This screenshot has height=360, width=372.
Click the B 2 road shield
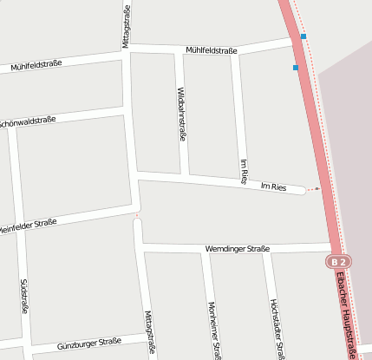pyautogui.click(x=338, y=261)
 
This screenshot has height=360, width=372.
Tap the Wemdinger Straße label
pyautogui.click(x=237, y=249)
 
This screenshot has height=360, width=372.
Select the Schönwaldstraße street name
pyautogui.click(x=28, y=122)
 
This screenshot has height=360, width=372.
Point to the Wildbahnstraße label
pyautogui.click(x=181, y=113)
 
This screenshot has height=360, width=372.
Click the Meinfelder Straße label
pyautogui.click(x=27, y=226)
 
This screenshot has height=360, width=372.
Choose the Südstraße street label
pyautogui.click(x=24, y=298)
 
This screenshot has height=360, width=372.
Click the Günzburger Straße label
pyautogui.click(x=88, y=344)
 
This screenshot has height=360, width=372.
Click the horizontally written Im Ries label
pyautogui.click(x=273, y=187)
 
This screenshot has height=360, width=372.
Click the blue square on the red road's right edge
pyautogui.click(x=303, y=36)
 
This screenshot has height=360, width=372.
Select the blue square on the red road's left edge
pyautogui.click(x=296, y=67)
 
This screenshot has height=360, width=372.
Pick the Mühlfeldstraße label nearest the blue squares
pyautogui.click(x=211, y=50)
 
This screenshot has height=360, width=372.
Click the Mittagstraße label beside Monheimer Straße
pyautogui.click(x=150, y=332)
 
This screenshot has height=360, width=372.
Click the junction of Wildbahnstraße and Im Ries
pyautogui.click(x=184, y=176)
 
